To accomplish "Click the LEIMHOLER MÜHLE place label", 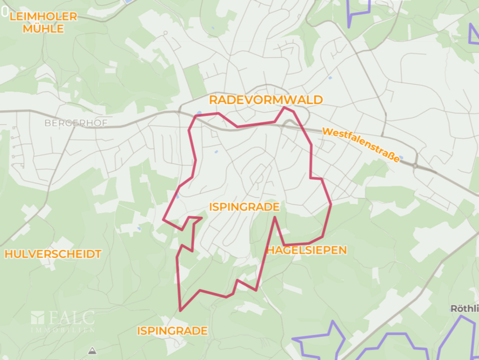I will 43,22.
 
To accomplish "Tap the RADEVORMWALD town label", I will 266,100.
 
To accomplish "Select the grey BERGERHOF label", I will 76,123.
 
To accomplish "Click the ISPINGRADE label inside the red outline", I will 244,207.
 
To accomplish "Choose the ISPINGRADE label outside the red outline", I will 172,331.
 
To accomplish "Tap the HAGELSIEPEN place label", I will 307,250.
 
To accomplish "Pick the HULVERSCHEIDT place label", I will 53,254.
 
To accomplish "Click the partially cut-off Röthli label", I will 464,309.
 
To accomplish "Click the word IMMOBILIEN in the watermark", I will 63,330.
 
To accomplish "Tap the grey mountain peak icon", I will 92,350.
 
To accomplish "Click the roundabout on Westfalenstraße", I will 415,165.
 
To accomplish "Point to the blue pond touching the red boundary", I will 199,113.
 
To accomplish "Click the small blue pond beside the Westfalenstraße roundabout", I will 400,158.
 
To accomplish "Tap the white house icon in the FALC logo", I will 37,318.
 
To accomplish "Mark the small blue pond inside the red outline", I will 216,152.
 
